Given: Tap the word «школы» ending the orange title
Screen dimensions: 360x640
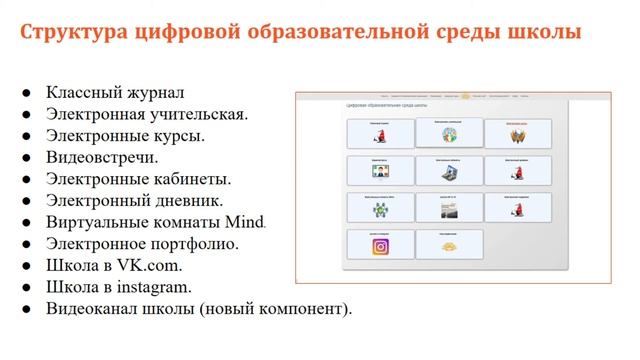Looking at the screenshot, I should (x=544, y=32).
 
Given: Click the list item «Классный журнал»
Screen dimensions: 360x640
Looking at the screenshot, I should (x=115, y=92).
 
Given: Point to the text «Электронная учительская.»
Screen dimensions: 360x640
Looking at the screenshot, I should (x=146, y=114).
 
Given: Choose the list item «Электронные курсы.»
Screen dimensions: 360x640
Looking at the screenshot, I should (x=125, y=136).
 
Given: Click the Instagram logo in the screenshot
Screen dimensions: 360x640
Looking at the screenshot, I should (x=379, y=247).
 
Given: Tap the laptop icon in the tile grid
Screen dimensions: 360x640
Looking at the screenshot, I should (x=448, y=172).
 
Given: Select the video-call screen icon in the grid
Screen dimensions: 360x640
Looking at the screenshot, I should (x=379, y=172).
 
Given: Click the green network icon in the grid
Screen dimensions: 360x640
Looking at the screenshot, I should (x=379, y=210).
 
